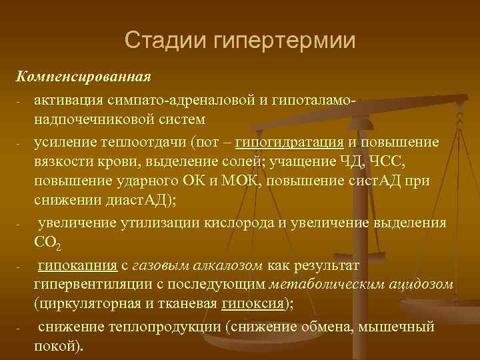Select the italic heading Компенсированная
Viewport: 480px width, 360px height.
click(85, 75)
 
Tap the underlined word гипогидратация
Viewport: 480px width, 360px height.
click(290, 143)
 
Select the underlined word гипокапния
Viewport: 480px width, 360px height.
click(77, 266)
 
